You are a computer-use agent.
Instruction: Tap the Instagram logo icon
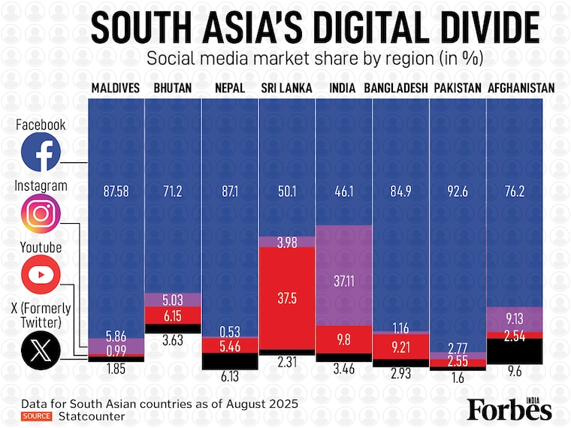pos(41,214)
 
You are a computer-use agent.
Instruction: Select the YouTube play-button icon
pos(41,276)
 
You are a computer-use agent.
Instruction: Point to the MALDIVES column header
pos(116,89)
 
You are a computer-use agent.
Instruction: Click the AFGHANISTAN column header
pos(521,89)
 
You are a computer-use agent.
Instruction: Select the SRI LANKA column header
pos(286,89)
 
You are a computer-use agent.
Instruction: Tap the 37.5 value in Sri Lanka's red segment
pos(287,298)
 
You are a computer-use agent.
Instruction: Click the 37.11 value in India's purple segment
pos(343,279)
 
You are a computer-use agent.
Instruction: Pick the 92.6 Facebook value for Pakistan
pos(458,191)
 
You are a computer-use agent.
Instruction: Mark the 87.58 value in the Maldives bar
pos(116,191)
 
